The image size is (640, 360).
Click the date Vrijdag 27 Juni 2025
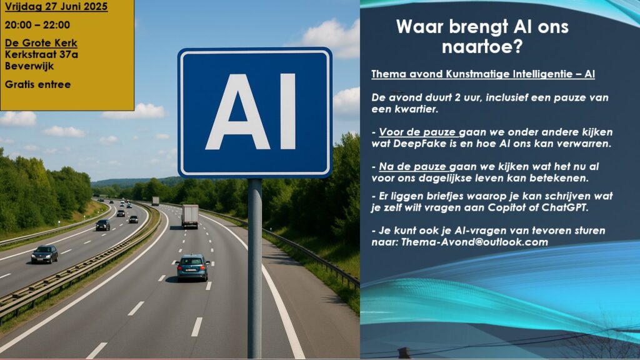click(56, 6)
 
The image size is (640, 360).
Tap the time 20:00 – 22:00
click(37, 25)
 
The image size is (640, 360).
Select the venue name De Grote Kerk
click(41, 43)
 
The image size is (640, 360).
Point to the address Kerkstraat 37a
click(41, 54)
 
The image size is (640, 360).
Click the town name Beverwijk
click(29, 66)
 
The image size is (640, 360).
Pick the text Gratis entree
click(37, 84)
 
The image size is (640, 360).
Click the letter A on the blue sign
click(238, 111)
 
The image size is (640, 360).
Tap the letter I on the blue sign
click(287, 111)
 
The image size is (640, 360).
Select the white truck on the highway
click(190, 216)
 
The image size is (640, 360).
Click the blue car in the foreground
click(192, 267)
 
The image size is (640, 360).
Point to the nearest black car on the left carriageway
click(44, 254)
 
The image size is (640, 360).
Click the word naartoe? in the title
click(482, 47)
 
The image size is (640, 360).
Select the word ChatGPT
click(565, 207)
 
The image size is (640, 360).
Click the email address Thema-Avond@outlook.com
click(474, 242)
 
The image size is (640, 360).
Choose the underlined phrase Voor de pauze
click(417, 132)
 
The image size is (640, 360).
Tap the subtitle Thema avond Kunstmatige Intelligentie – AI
click(483, 74)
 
